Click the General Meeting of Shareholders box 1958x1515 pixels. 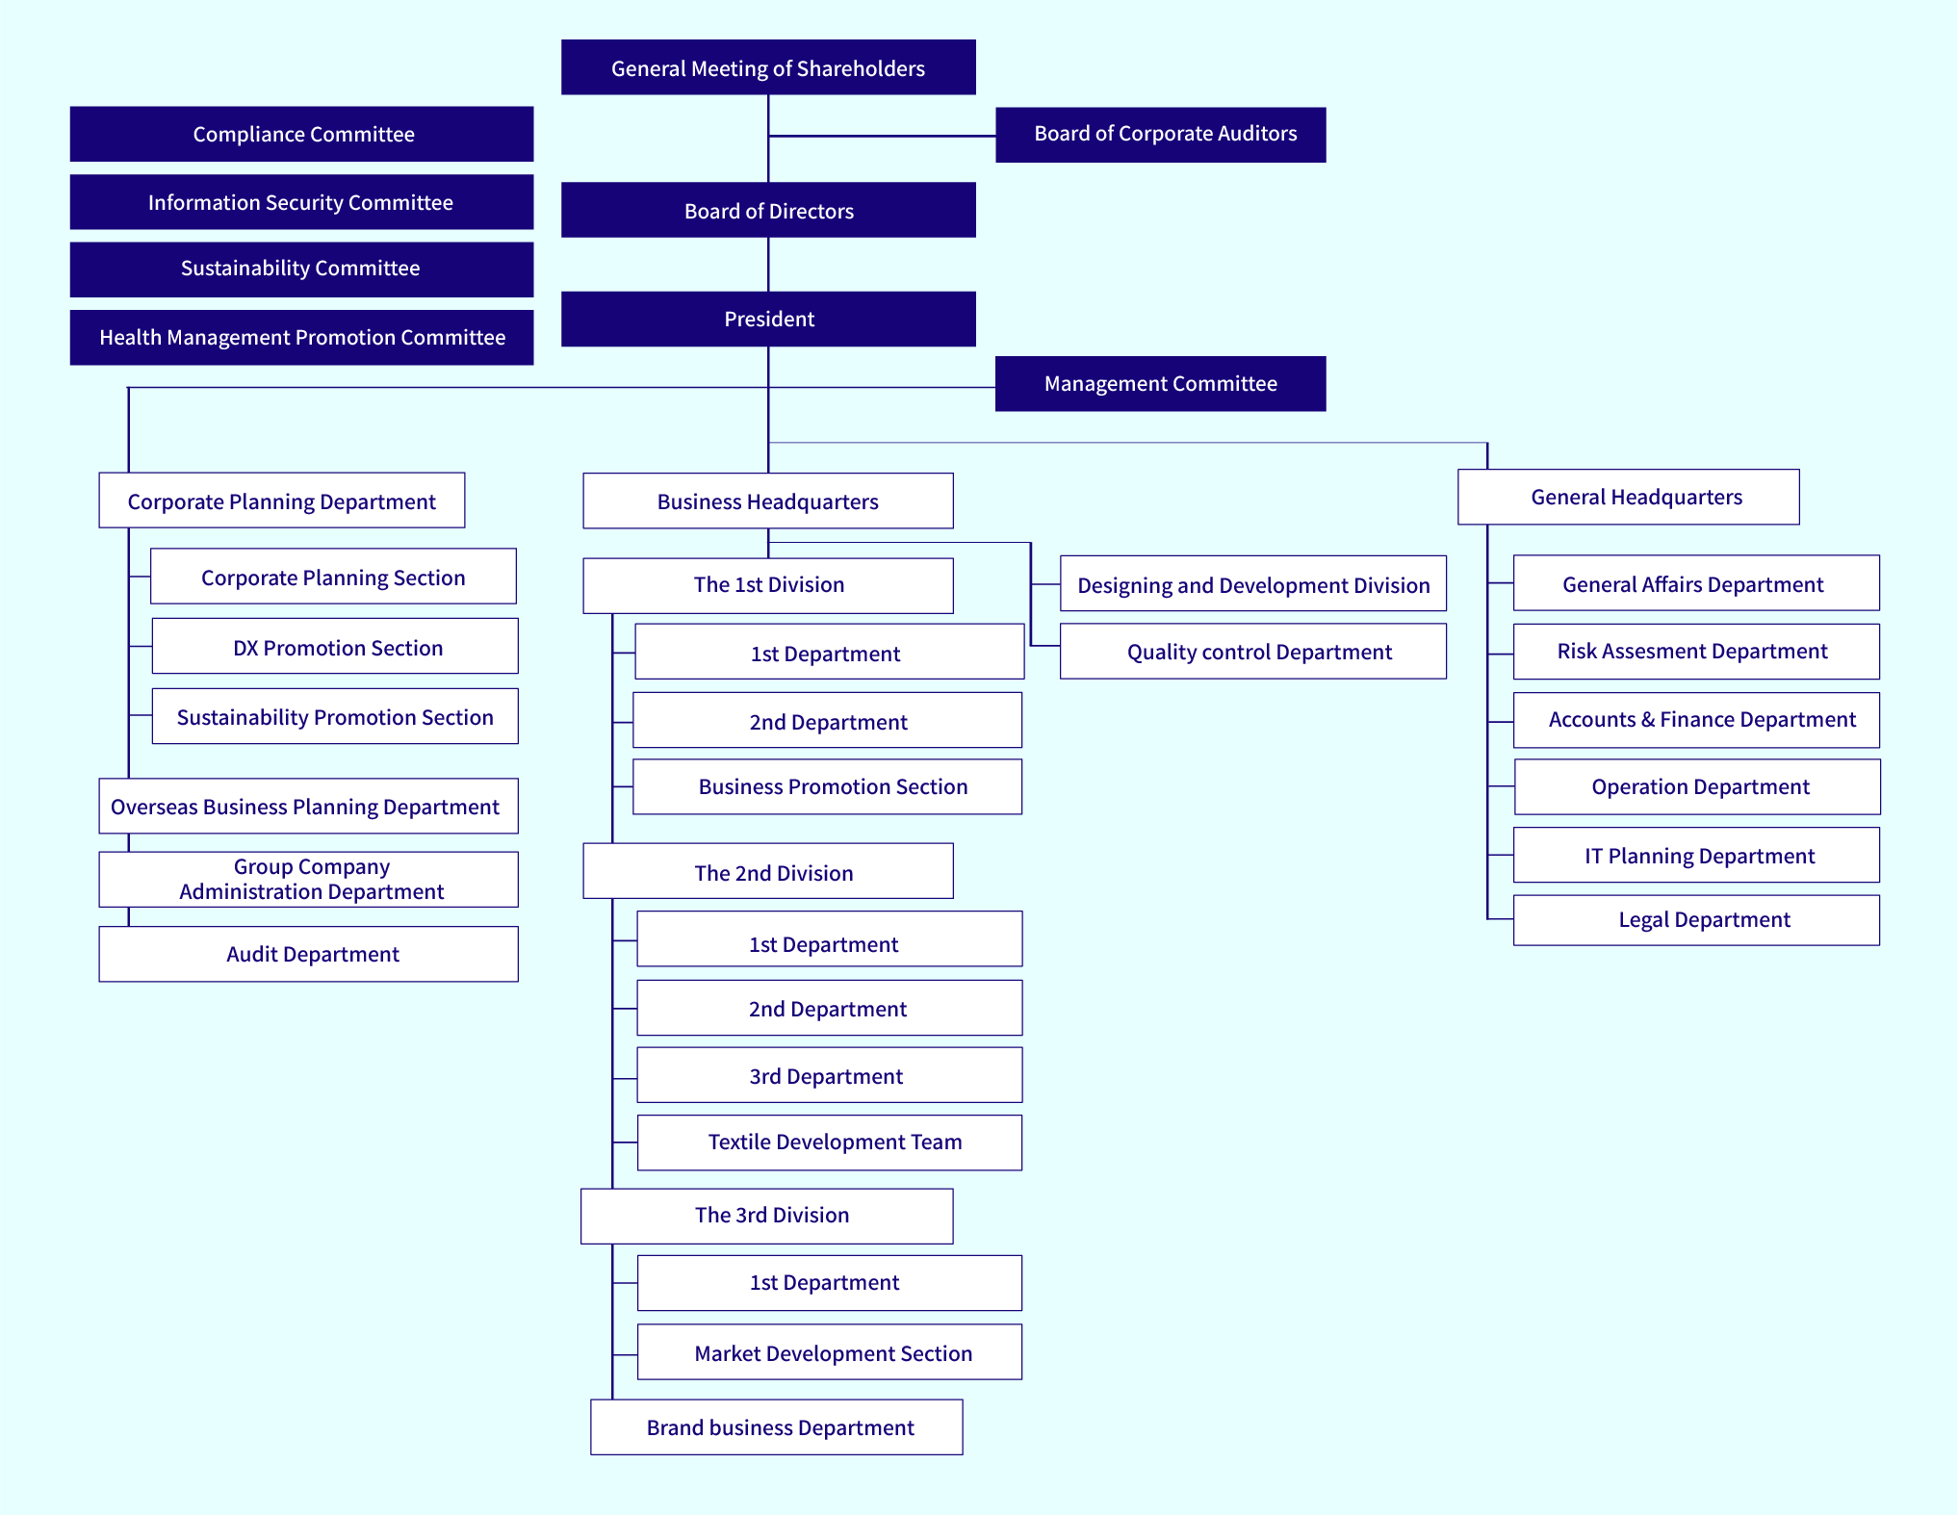[x=768, y=67]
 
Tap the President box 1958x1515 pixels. [x=768, y=319]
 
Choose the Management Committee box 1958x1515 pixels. [x=1160, y=383]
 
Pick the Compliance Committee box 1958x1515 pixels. [x=301, y=134]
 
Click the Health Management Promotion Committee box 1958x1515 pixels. [x=301, y=337]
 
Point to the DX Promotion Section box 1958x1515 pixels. [x=335, y=647]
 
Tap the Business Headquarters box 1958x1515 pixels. [x=768, y=501]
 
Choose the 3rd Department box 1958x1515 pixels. [x=830, y=1075]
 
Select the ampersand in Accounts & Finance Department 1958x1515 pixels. [x=1647, y=720]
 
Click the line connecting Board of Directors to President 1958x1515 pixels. [x=768, y=265]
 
